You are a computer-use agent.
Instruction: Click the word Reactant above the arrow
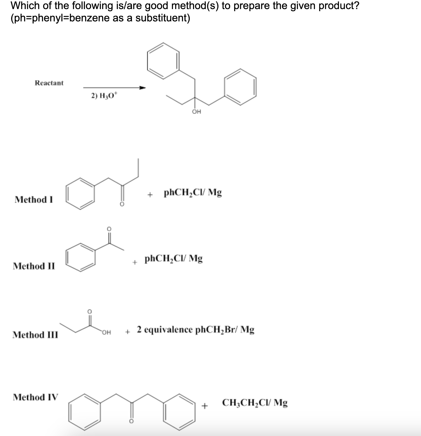pos(49,83)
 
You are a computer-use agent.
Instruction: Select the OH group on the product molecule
pos(197,112)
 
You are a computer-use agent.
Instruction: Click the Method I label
pos(34,200)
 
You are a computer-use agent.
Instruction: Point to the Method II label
pos(34,266)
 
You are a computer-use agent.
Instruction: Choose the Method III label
pos(35,335)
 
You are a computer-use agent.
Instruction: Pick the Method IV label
pos(35,397)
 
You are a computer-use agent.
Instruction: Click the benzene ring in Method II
pos(80,257)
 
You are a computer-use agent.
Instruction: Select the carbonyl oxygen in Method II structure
pos(109,229)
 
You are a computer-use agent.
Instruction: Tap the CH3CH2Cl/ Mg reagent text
pos(255,403)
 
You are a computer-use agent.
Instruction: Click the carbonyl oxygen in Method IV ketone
pos(131,421)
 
